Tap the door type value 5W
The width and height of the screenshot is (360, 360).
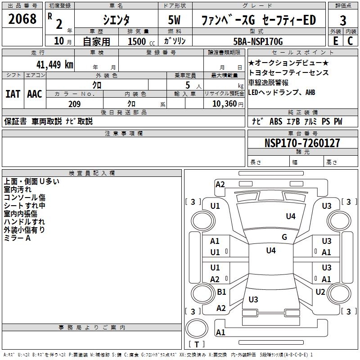(174, 20)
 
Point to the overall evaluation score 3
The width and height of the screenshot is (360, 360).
(343, 20)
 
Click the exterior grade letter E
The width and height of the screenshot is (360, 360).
(335, 40)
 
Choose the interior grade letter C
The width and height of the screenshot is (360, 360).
(350, 40)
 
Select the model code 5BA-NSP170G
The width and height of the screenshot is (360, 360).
(261, 41)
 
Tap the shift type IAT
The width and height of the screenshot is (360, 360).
(13, 94)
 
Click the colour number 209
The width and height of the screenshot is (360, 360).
(74, 104)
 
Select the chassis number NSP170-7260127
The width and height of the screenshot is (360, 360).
(302, 143)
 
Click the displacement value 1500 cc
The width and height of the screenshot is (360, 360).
(140, 41)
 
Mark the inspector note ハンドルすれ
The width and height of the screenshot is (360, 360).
(24, 222)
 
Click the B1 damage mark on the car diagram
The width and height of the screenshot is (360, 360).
(221, 292)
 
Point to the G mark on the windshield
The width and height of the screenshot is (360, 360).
(284, 237)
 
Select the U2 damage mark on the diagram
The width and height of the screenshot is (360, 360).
(320, 292)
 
